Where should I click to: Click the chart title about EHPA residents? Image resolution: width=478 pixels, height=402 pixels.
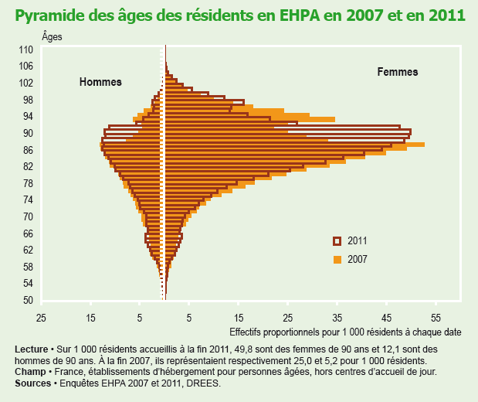[x=239, y=15]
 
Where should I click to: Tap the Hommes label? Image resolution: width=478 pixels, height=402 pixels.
[x=101, y=83]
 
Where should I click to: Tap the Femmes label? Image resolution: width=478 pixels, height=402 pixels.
[x=397, y=72]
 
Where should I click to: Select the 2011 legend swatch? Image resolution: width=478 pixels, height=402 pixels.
[x=337, y=240]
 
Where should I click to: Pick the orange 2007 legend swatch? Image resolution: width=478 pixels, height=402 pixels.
[x=337, y=259]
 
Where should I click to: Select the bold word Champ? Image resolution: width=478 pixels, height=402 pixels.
[x=29, y=372]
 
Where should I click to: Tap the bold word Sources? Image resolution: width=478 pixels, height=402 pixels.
[x=32, y=383]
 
